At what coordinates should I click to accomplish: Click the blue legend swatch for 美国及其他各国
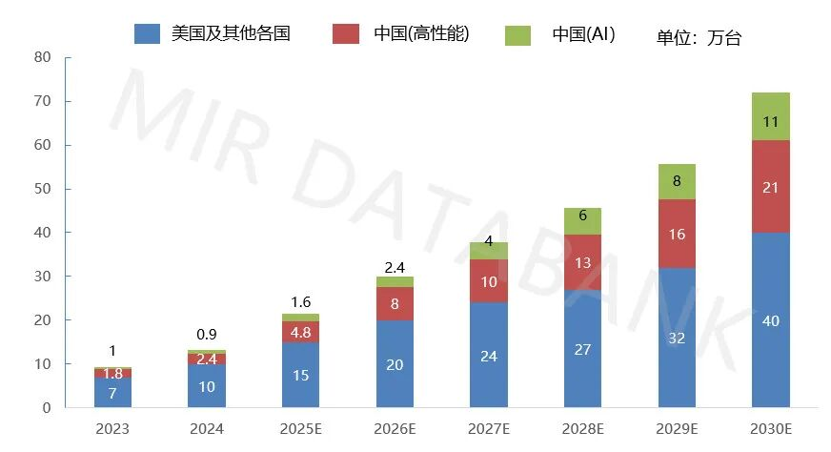tap(147, 34)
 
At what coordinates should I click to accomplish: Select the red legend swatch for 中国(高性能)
tap(345, 34)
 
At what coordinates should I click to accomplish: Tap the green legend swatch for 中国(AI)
tap(517, 34)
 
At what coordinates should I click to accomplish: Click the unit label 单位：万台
tap(699, 38)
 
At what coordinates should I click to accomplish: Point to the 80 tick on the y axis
tap(41, 57)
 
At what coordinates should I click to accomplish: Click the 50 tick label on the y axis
tap(41, 189)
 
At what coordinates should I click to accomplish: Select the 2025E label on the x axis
tap(300, 429)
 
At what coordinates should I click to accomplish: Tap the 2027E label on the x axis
tap(488, 429)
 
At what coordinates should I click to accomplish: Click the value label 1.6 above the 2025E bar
tap(300, 302)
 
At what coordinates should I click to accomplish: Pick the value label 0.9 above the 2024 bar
tap(207, 335)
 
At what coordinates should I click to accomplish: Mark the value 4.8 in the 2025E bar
tap(300, 333)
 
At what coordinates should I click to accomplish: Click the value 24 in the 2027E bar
tap(488, 356)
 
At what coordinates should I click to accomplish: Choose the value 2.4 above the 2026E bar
tap(395, 266)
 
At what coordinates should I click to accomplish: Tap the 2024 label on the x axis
tap(207, 429)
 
